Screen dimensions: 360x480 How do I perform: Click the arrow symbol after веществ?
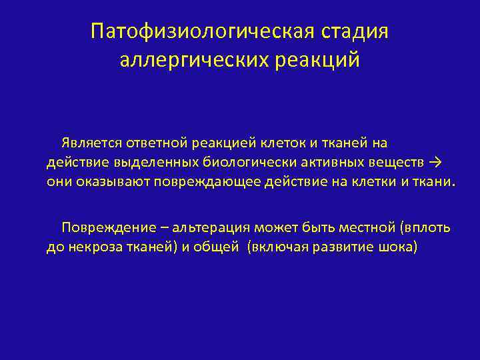coord(436,162)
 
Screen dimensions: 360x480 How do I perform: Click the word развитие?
coord(339,247)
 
